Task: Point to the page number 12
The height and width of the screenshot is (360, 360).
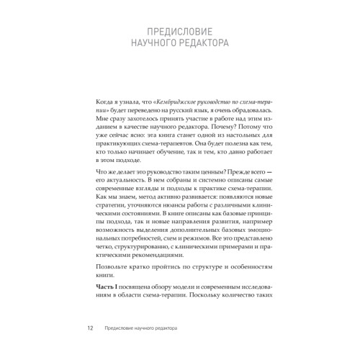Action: click(x=89, y=329)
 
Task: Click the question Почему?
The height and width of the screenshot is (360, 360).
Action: click(x=230, y=133)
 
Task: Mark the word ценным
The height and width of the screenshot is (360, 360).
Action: click(x=189, y=193)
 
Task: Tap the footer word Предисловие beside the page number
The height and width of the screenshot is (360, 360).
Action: click(x=125, y=329)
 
